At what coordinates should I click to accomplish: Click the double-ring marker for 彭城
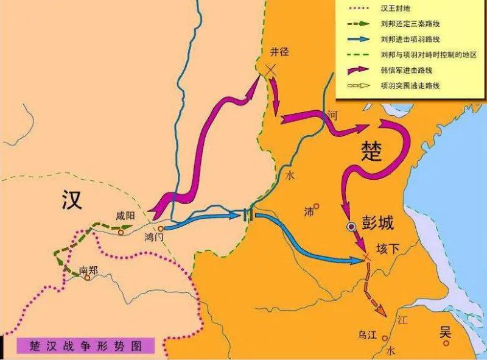coord(351,227)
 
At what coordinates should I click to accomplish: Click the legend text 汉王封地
coord(396,10)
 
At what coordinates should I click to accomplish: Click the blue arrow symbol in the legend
coord(357,40)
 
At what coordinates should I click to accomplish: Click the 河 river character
coord(331,114)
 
